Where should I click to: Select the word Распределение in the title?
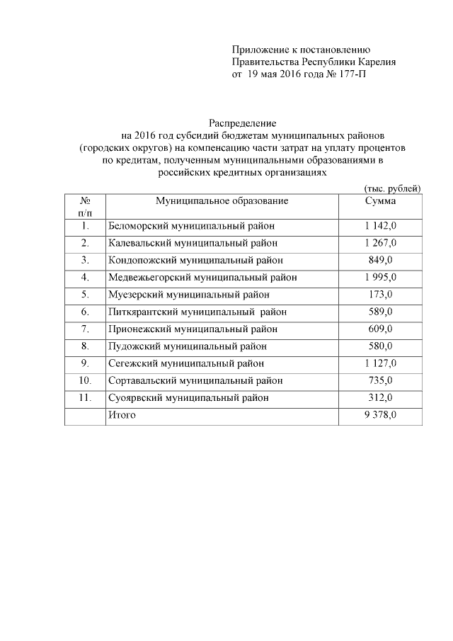242,123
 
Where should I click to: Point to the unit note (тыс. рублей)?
391,188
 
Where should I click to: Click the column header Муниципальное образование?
222,200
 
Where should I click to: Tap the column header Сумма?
380,200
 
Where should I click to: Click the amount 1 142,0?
381,226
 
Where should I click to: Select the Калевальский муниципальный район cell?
190,243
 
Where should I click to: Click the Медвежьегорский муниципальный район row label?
202,277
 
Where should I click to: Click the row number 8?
84,346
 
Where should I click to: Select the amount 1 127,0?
381,363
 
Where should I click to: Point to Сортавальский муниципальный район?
195,380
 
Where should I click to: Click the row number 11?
84,397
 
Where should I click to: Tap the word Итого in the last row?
121,415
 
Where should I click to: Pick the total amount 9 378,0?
381,415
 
